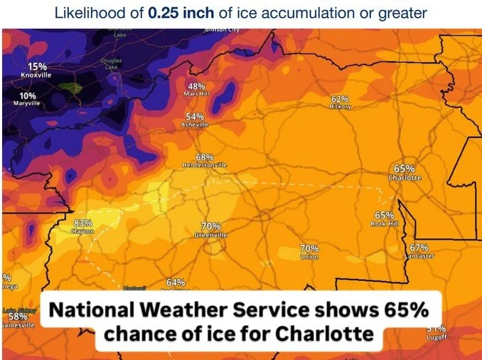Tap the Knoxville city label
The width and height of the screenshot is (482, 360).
tap(37, 75)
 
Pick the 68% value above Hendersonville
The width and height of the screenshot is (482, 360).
tap(204, 157)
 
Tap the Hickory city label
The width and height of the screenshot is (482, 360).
tap(341, 106)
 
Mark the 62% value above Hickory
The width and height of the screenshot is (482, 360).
tap(340, 99)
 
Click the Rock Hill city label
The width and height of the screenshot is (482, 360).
tap(384, 223)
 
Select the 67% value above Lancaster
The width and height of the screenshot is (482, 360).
tap(419, 247)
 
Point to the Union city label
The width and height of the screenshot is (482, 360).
tap(309, 256)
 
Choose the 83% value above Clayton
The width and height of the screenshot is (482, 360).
tap(83, 223)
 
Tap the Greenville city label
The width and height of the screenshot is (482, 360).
tap(211, 235)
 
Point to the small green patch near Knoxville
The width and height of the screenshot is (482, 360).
tap(69, 88)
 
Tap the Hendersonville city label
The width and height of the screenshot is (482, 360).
tap(205, 165)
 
